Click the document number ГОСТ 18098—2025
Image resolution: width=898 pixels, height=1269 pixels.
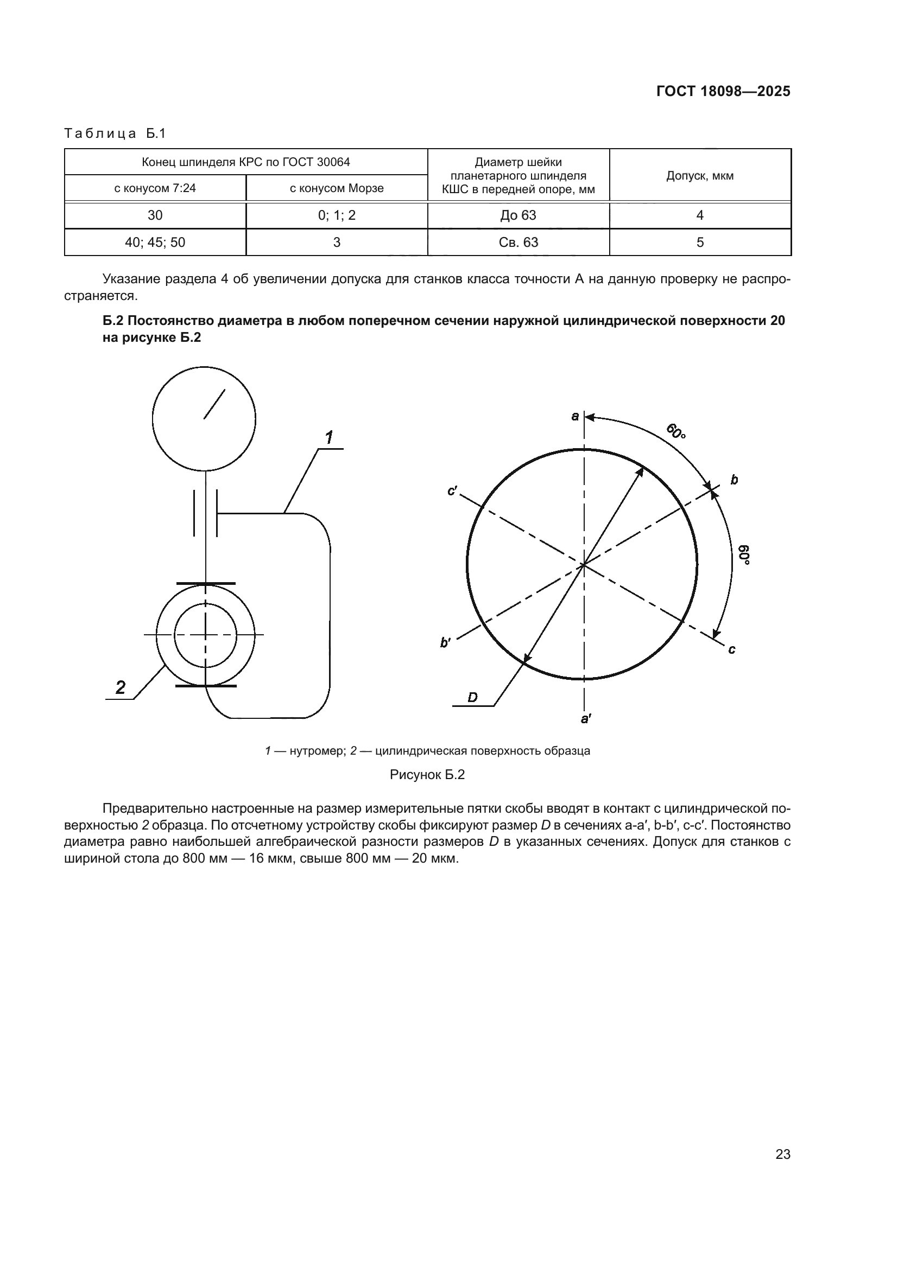(x=723, y=92)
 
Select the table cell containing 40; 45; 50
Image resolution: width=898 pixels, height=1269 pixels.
(x=155, y=243)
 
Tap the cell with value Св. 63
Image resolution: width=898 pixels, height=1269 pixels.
(x=518, y=243)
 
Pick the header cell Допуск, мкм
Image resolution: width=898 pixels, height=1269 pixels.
(x=699, y=176)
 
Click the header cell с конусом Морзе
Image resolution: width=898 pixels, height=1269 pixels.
(x=336, y=188)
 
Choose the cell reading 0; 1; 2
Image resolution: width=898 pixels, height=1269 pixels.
(x=336, y=215)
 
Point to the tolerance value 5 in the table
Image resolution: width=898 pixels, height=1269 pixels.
(x=699, y=243)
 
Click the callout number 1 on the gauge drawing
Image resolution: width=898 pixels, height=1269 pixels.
(x=329, y=438)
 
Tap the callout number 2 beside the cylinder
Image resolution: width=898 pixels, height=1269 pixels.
(x=120, y=687)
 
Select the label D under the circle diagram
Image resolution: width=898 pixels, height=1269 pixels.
(x=472, y=698)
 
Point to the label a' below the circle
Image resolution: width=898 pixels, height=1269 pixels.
(x=586, y=718)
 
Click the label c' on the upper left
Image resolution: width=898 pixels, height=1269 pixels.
(x=452, y=490)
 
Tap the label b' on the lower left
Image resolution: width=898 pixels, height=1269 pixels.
(x=445, y=643)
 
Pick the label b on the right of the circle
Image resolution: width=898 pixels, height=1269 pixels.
(x=734, y=480)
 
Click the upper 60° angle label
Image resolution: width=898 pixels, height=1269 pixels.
(x=676, y=431)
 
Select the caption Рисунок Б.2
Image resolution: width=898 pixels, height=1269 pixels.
(x=427, y=775)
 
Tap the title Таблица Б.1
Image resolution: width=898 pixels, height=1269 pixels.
(x=115, y=134)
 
